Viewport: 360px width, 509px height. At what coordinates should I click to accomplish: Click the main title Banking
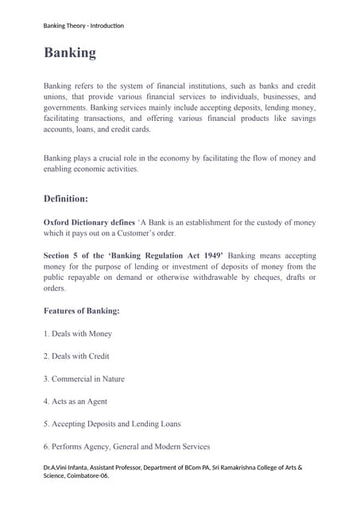point(70,53)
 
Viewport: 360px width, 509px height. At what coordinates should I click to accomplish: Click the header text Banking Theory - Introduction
point(83,25)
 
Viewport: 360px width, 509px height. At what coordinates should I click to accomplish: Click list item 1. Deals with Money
point(78,333)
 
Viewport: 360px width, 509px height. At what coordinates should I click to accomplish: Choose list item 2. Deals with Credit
point(76,356)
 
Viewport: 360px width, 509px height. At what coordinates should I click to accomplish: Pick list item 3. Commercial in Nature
point(84,379)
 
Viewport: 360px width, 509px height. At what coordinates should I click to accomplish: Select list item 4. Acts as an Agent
point(75,402)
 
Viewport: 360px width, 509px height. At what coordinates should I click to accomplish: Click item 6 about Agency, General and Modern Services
point(126,447)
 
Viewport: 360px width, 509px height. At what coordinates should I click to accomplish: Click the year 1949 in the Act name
point(207,256)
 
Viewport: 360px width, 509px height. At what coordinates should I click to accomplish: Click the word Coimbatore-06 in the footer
point(87,476)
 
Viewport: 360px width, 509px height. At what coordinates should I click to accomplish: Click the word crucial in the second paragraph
point(114,157)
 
